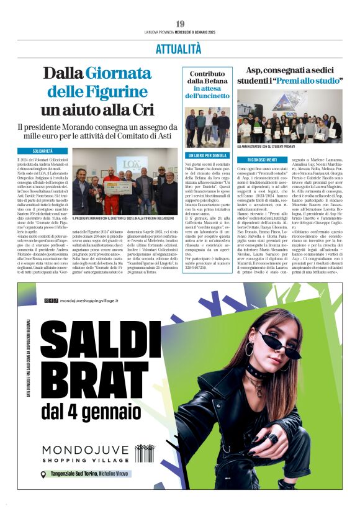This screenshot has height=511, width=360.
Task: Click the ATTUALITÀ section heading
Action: (x=180, y=50)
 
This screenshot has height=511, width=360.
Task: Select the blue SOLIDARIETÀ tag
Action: (x=42, y=151)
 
